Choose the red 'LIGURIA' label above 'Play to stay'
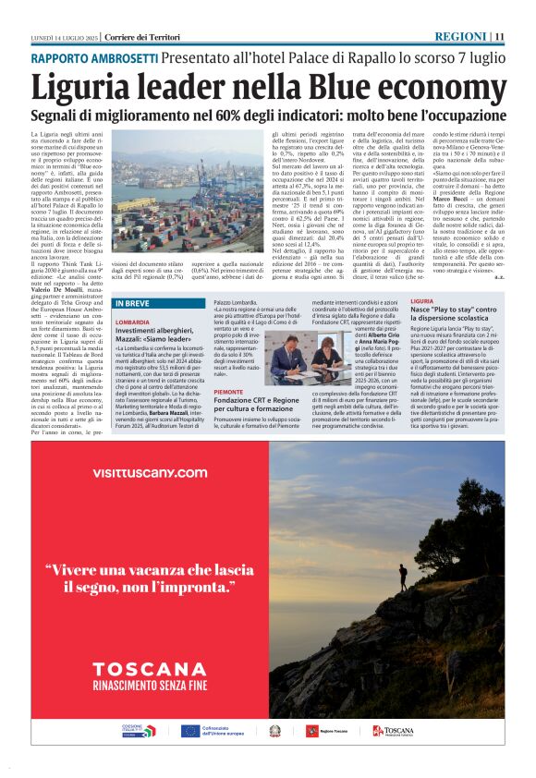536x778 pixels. [423, 302]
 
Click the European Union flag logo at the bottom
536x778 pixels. [190, 730]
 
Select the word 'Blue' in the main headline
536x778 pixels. [313, 87]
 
